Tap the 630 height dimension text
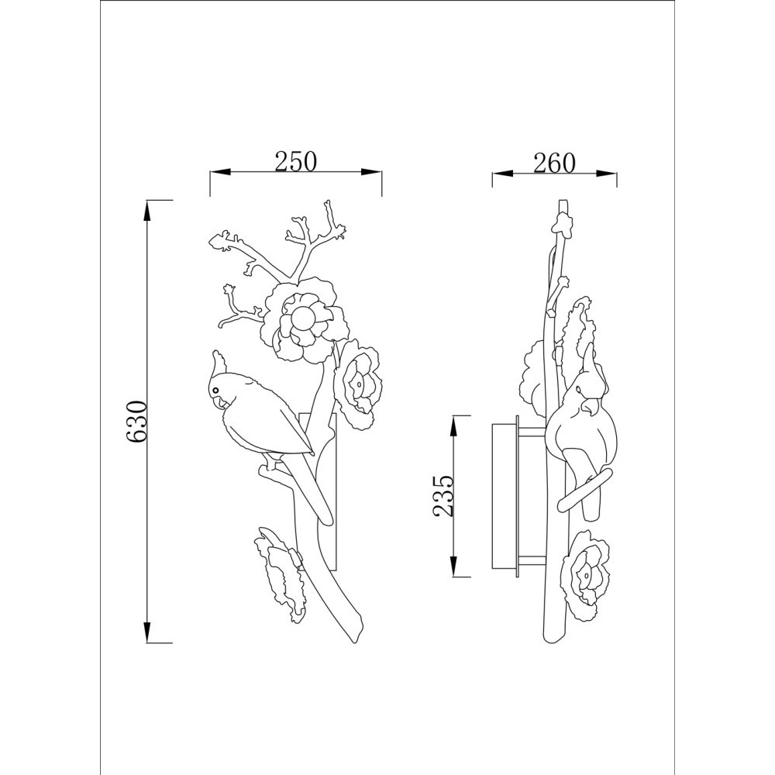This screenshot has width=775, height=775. [136, 422]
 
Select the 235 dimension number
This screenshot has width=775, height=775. [443, 496]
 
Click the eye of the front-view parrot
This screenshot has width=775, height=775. [215, 390]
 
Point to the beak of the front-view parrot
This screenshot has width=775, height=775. [219, 401]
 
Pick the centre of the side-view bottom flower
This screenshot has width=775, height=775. [584, 575]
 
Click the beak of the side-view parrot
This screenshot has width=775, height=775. [587, 408]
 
